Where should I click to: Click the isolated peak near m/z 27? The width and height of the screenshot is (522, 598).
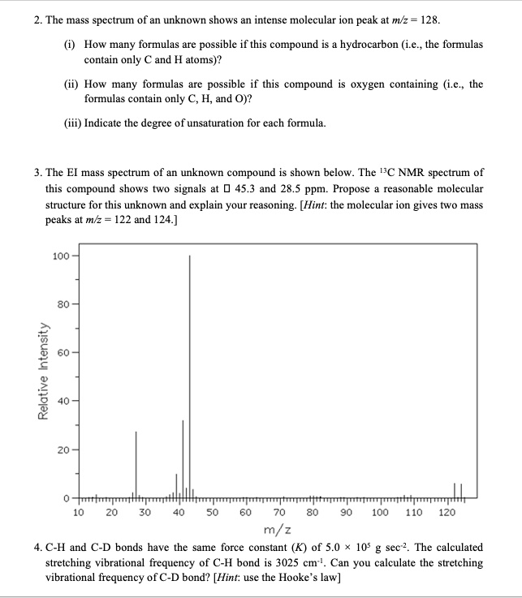pyautogui.click(x=136, y=462)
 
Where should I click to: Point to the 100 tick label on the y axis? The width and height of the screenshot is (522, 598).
pyautogui.click(x=59, y=256)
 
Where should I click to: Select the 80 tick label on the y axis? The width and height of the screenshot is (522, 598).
pyautogui.click(x=61, y=304)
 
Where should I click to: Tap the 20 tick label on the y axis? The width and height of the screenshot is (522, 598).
pyautogui.click(x=61, y=449)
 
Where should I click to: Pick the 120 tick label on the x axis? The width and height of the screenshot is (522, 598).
pyautogui.click(x=447, y=512)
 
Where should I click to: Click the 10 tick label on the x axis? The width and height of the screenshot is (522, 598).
pyautogui.click(x=78, y=512)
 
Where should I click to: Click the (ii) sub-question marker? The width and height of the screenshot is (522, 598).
pyautogui.click(x=71, y=84)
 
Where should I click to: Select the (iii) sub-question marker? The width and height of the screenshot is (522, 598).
pyautogui.click(x=73, y=123)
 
